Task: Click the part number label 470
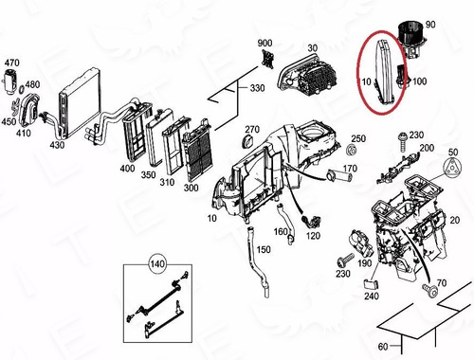tap(11, 63)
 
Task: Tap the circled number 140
tap(157, 263)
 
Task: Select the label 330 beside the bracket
tap(257, 88)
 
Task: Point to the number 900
tap(264, 43)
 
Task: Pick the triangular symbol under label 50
tap(452, 168)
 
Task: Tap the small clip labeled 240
tap(372, 284)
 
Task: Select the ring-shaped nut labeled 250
tap(351, 150)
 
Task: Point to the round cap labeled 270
tap(247, 141)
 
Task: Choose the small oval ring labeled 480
tap(22, 90)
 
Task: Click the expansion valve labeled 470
tap(11, 81)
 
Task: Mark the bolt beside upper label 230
tap(402, 142)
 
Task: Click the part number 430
tap(57, 145)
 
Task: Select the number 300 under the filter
tap(191, 188)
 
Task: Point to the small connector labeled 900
tap(268, 59)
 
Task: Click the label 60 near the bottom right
tap(383, 347)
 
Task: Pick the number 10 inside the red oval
tap(366, 81)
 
